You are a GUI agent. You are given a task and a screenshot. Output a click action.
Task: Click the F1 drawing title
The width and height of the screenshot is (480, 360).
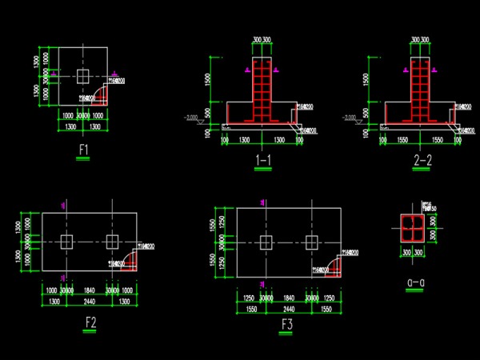pyautogui.click(x=83, y=150)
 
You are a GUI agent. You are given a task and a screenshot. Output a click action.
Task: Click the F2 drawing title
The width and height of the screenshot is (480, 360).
pyautogui.click(x=90, y=323)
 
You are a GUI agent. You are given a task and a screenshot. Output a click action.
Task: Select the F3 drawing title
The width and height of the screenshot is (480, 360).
pyautogui.click(x=286, y=325)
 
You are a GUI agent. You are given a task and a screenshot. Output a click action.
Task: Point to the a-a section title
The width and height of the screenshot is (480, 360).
pyautogui.click(x=414, y=282)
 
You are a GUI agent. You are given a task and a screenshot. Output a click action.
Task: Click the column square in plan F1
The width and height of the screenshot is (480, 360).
pyautogui.click(x=83, y=76)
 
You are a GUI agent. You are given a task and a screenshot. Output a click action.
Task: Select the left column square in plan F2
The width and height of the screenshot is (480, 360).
pyautogui.click(x=67, y=242)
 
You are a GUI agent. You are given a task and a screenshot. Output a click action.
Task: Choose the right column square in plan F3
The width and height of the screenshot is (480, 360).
pyautogui.click(x=310, y=241)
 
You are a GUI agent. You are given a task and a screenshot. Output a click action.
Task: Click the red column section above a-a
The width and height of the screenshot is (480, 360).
pyautogui.click(x=414, y=228)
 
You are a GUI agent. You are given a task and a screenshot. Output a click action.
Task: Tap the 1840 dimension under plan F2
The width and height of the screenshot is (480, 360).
pyautogui.click(x=89, y=290)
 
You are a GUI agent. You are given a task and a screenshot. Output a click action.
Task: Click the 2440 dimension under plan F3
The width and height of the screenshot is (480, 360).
pyautogui.click(x=287, y=307)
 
